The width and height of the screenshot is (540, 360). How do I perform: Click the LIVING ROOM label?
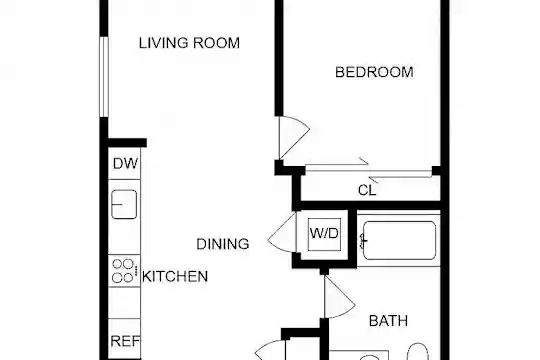(x=189, y=43)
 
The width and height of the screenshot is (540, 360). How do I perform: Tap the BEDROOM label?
(x=374, y=72)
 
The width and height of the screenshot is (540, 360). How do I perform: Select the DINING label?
(x=222, y=244)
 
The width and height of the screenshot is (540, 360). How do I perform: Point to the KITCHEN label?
(x=175, y=277)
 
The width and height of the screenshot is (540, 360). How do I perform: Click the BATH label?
(x=388, y=321)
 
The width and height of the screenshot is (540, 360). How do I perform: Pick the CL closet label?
(x=367, y=190)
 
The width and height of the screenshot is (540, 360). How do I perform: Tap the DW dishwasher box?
(x=124, y=164)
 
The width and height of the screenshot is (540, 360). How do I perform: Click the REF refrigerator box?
(x=124, y=339)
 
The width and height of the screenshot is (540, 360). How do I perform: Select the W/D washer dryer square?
(x=324, y=234)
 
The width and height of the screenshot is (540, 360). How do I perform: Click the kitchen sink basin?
(x=124, y=205)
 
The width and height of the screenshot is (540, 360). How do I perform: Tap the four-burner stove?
(x=124, y=270)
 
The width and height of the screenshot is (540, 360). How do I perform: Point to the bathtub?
(x=399, y=240)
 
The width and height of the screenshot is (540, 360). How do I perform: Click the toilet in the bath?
(x=418, y=351)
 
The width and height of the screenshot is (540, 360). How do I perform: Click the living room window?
(x=104, y=76)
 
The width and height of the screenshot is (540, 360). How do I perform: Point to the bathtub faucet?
(x=363, y=241)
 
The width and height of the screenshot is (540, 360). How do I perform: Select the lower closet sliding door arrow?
(x=400, y=178)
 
